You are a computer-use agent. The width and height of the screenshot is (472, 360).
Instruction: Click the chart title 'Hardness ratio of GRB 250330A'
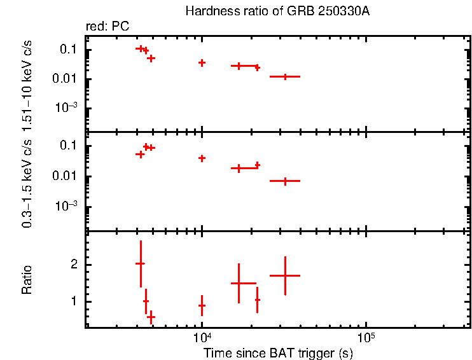(277, 11)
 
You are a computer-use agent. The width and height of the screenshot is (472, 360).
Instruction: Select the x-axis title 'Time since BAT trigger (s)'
(278, 352)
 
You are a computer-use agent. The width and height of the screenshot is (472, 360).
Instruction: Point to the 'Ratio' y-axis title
(27, 280)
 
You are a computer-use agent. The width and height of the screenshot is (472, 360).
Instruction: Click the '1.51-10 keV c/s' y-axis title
(27, 80)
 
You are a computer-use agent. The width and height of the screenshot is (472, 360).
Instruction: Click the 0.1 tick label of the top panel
(69, 50)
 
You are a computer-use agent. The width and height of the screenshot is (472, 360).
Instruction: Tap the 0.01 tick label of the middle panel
(66, 176)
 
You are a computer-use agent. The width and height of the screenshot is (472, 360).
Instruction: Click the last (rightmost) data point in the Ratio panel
(285, 275)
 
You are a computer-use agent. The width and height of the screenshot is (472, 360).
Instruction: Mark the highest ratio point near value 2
(141, 263)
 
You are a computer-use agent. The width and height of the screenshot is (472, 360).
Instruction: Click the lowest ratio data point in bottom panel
(151, 316)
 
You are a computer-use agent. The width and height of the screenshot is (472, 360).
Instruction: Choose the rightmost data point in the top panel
(285, 76)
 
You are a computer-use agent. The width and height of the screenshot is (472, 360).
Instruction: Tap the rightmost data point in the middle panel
(285, 181)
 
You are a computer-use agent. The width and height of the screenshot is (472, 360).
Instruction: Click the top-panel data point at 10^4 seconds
(202, 62)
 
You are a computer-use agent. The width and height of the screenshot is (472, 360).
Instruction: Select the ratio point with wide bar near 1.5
(239, 283)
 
